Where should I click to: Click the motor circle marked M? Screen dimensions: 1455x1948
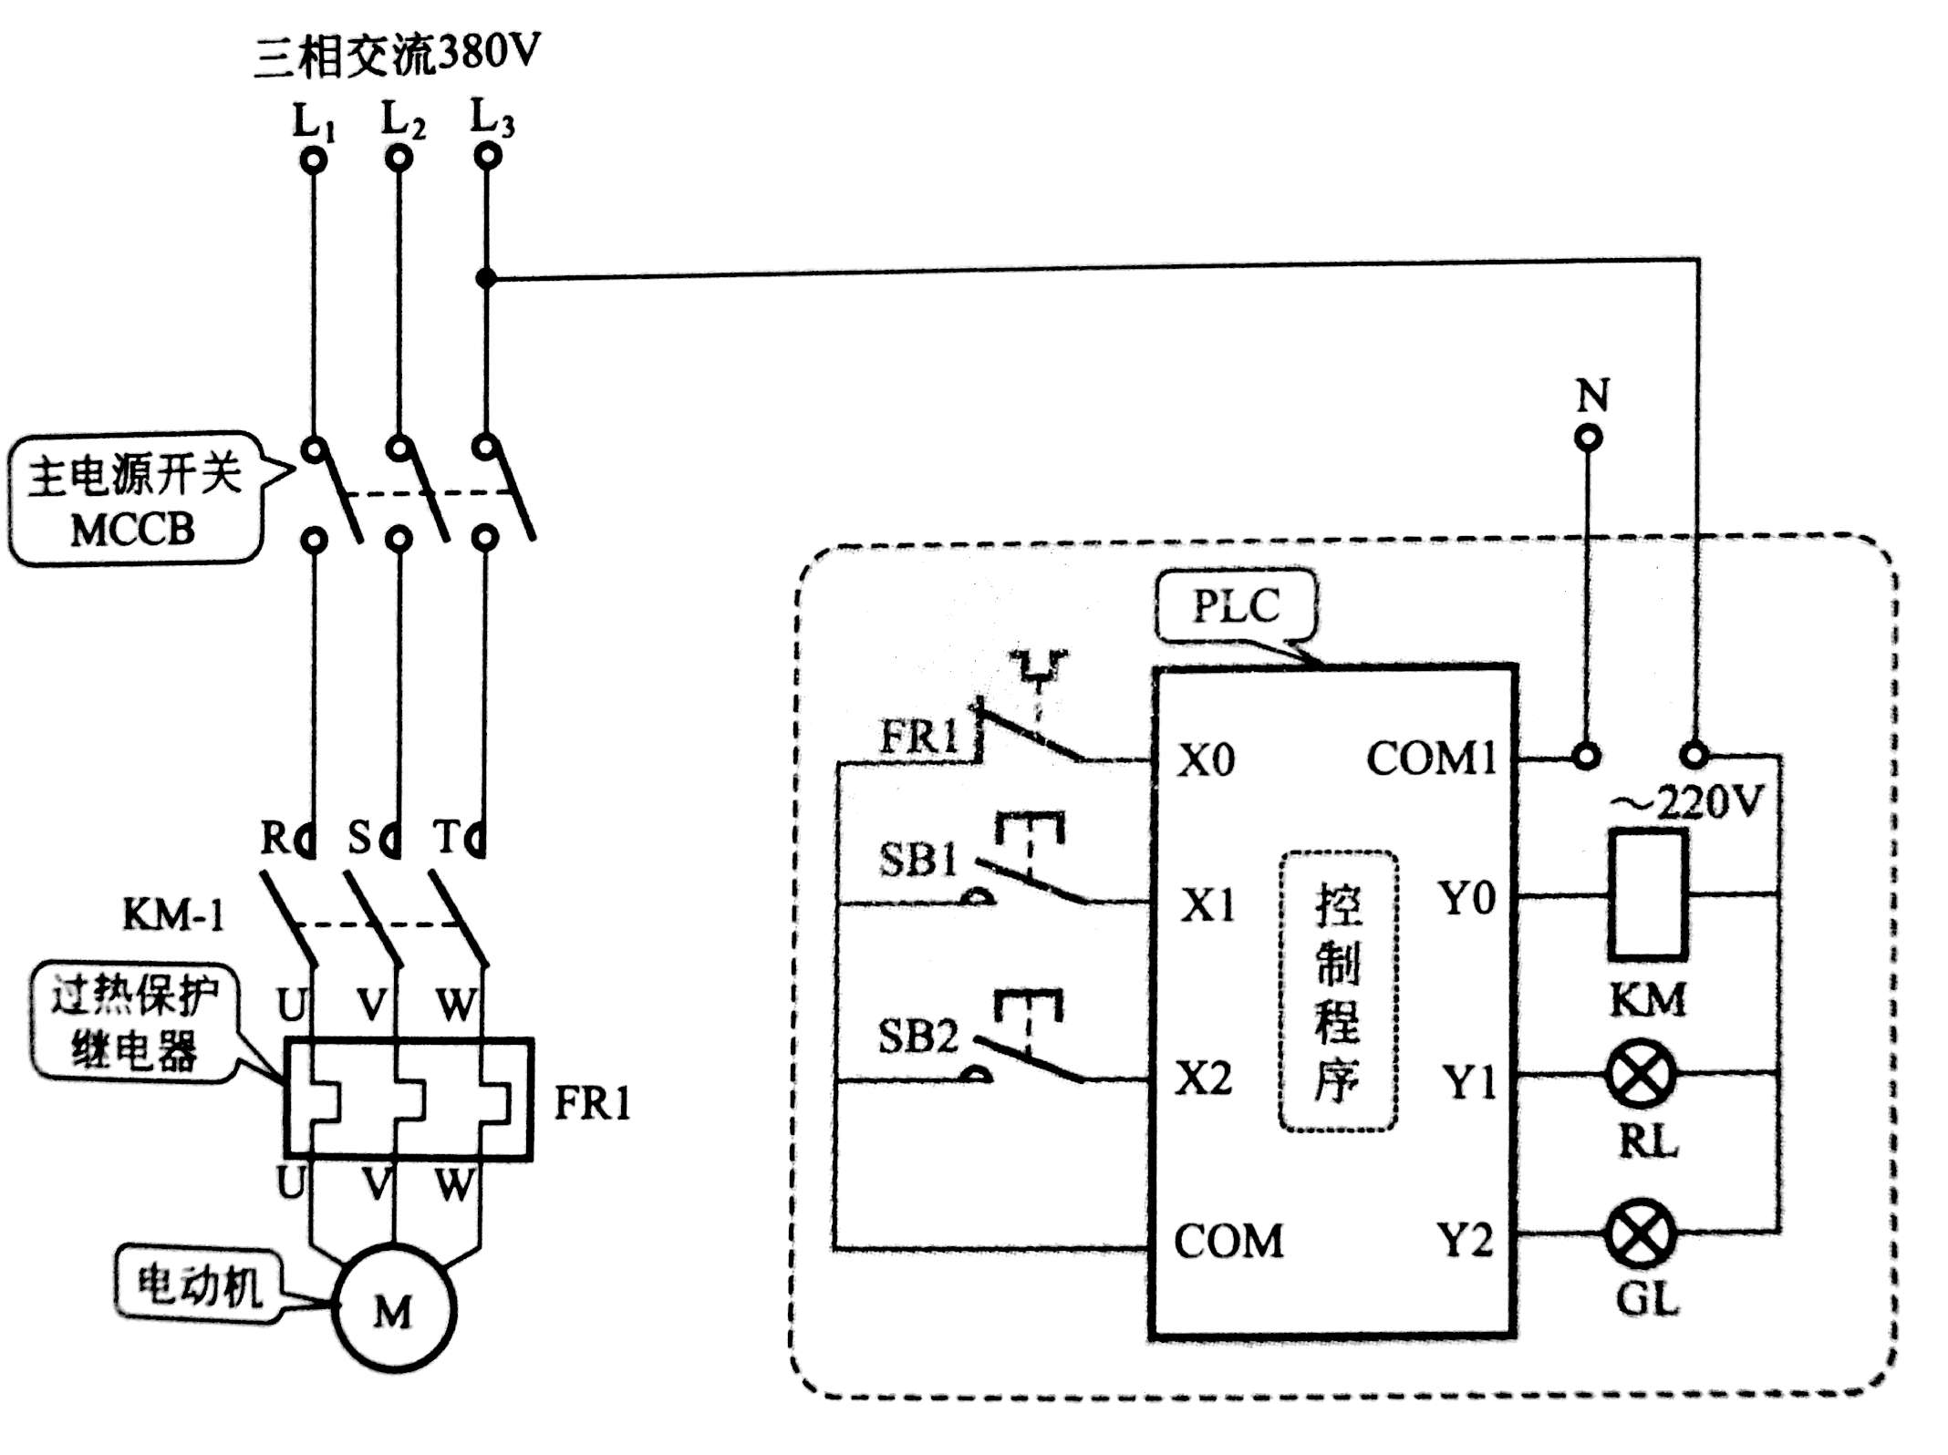394,1309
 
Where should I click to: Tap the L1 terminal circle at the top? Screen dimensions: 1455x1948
314,161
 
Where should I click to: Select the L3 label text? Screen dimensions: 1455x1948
492,119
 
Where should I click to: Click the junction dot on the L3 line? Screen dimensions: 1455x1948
486,277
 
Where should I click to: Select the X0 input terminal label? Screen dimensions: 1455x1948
1206,759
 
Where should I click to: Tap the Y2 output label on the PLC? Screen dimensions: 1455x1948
1465,1240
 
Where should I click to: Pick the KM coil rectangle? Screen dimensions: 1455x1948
1647,894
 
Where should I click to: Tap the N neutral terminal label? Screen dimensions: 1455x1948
1592,395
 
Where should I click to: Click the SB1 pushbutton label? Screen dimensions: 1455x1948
917,859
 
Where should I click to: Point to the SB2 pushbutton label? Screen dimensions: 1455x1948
917,1037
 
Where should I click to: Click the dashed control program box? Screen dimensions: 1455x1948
1338,991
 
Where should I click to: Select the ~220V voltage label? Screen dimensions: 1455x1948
1687,803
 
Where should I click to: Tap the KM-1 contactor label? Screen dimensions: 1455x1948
173,914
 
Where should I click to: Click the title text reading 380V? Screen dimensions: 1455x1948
489,53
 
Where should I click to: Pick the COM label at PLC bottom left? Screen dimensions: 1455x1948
1228,1241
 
